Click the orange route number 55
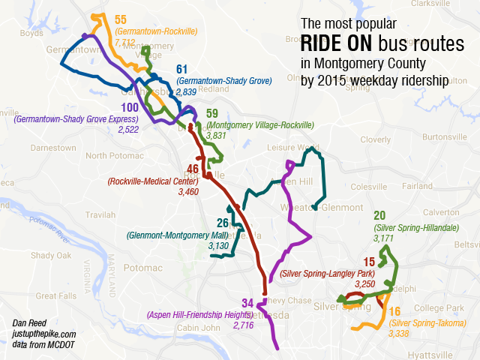coord(121,19)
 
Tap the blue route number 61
coord(181,70)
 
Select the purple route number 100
coord(129,108)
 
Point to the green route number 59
coord(212,113)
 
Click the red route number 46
coord(193,169)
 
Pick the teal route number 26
coord(223,223)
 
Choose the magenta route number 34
coord(247,303)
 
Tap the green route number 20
coord(379,215)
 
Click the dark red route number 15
coord(368,262)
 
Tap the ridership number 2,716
coord(244,325)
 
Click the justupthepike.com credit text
coord(44,334)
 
